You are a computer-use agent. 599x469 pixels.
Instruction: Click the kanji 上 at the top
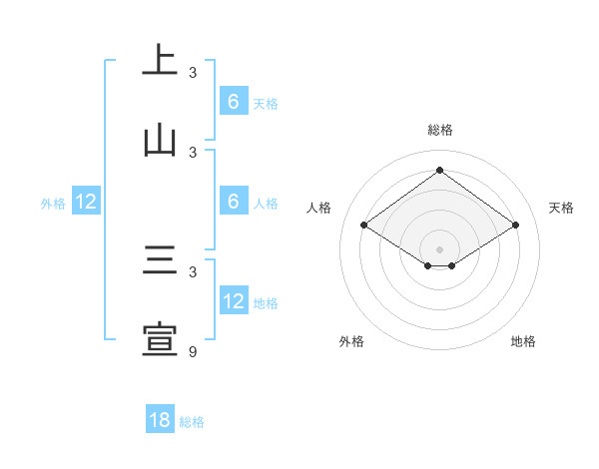[160, 60]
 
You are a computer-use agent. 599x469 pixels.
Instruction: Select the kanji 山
[160, 140]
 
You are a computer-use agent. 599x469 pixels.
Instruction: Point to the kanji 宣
[160, 339]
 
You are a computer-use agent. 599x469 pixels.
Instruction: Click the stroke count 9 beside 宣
[193, 351]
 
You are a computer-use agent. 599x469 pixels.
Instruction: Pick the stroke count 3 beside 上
[193, 72]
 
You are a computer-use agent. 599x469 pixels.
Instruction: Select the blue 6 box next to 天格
[233, 102]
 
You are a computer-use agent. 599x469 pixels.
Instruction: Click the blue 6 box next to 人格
[233, 202]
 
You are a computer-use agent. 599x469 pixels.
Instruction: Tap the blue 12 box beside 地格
[233, 301]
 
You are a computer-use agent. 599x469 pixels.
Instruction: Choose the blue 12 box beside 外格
[85, 202]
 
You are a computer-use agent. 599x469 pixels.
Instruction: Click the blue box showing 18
[160, 420]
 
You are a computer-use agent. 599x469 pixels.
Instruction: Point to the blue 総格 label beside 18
[192, 422]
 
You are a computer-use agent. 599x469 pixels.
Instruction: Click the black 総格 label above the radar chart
[440, 130]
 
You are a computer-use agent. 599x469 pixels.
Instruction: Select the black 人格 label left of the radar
[319, 208]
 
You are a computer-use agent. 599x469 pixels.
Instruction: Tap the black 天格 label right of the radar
[561, 208]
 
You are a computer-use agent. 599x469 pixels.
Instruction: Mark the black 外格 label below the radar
[351, 341]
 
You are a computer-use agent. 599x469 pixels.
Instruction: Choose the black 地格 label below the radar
[523, 341]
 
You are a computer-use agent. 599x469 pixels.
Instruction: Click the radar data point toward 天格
[515, 226]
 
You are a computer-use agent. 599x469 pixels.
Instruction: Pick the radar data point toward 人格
[364, 226]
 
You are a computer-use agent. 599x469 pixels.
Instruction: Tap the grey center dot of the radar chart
[440, 248]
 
